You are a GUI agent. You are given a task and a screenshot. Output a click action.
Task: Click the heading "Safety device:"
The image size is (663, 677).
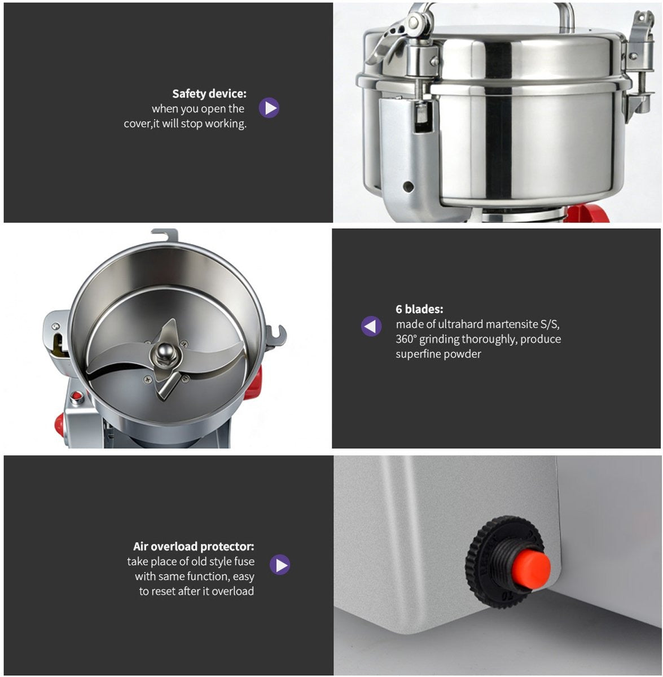pos(209,94)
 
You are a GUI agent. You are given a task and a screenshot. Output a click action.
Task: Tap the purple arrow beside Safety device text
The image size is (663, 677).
pos(269,108)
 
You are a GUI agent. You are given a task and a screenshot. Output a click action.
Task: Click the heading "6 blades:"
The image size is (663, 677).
pos(419,309)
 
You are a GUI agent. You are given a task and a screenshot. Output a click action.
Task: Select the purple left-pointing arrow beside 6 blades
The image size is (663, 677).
pos(371,326)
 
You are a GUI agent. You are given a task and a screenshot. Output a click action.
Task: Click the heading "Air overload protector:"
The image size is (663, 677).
pos(194,546)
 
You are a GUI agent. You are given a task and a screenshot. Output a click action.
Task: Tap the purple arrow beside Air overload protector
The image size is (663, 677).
pos(279,564)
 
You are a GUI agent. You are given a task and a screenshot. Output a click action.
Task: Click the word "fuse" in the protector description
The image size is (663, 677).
pos(244,561)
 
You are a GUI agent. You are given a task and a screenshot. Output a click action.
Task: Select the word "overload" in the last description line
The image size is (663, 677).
pos(234,591)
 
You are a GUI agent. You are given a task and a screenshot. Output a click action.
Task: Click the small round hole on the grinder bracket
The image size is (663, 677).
pos(408,187)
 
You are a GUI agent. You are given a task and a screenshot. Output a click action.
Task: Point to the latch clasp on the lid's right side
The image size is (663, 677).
pos(638,62)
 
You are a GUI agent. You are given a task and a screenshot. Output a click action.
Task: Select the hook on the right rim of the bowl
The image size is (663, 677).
pos(278,335)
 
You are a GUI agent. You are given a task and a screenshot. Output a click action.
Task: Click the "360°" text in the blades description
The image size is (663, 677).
pos(407,339)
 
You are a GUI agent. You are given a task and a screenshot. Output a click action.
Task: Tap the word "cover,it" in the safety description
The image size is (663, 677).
pos(142,124)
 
